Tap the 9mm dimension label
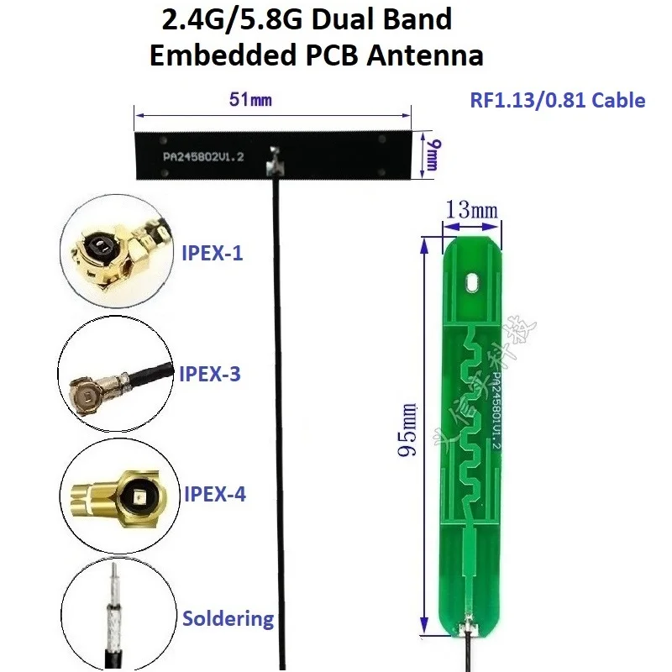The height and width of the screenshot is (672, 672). (x=433, y=155)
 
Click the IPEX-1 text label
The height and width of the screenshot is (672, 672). (x=213, y=253)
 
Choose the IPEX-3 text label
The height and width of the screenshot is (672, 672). (x=210, y=374)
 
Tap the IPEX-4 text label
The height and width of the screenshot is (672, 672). (x=214, y=494)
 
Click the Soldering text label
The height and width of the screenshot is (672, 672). (x=228, y=619)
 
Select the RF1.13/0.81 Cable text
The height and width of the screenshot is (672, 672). (x=557, y=101)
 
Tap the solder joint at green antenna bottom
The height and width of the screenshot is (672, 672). (x=464, y=626)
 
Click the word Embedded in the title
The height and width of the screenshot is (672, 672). (x=217, y=56)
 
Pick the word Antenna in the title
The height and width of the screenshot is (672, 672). (x=430, y=56)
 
